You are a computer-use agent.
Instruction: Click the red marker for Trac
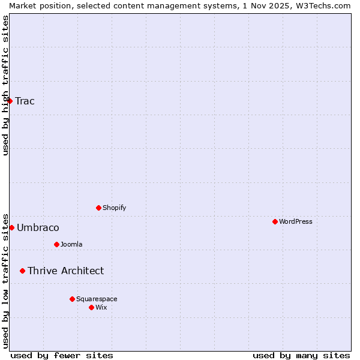point(10,101)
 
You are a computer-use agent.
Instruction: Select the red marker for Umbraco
point(11,227)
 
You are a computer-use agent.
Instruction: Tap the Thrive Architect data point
point(23,271)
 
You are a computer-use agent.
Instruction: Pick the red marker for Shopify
point(98,208)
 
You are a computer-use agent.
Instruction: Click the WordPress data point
point(275,221)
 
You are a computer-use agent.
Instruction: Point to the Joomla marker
point(56,244)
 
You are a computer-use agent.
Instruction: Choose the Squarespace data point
point(72,299)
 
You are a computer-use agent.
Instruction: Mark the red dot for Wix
point(91,307)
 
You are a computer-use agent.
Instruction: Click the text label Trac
point(25,101)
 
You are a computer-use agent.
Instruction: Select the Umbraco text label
point(38,227)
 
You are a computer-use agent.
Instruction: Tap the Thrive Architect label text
point(65,271)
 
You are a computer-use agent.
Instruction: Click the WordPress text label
point(296,221)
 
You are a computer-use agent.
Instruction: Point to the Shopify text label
point(115,208)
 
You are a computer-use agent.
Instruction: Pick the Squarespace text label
point(97,299)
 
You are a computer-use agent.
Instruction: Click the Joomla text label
point(71,244)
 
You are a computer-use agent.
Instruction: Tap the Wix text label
point(101,307)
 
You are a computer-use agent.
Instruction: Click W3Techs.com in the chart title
point(322,5)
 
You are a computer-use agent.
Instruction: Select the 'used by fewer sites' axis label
point(62,355)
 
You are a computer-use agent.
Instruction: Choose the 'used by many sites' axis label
point(301,355)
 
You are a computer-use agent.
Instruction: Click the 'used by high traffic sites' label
point(5,85)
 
